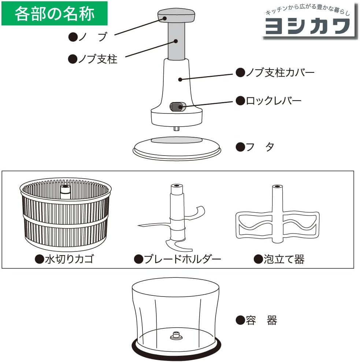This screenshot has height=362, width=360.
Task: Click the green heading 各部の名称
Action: click(55, 14)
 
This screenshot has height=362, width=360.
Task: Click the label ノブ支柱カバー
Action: click(275, 72)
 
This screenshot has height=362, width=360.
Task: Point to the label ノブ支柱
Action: click(93, 59)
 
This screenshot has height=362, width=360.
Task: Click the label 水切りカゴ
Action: click(64, 260)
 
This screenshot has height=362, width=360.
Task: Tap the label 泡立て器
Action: click(279, 260)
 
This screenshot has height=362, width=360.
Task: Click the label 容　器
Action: click(256, 321)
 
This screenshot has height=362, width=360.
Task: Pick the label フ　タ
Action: click(255, 147)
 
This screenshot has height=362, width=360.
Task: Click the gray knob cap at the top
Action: click(176, 16)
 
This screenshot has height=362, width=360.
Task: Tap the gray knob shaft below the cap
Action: click(176, 41)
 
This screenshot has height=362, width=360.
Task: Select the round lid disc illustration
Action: click(177, 148)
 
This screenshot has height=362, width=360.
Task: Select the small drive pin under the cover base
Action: click(176, 128)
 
